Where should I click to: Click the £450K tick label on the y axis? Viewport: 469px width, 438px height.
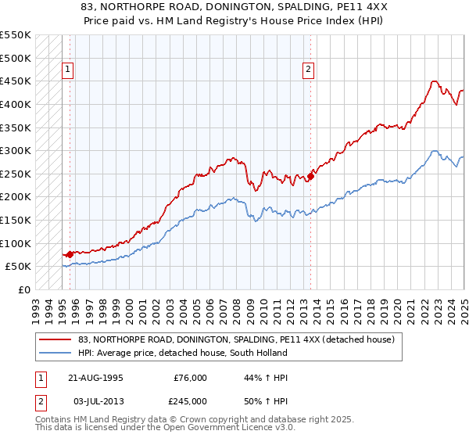tap(16, 81)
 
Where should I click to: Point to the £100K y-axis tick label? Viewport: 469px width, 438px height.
tap(16, 243)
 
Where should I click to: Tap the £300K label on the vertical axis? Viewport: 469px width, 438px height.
tap(16, 150)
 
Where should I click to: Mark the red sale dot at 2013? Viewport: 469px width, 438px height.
tap(310, 176)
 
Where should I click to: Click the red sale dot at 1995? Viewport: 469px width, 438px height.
tap(70, 253)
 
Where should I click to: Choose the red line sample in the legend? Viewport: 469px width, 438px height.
tap(55, 339)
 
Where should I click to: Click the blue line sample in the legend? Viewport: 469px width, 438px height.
tap(55, 353)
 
